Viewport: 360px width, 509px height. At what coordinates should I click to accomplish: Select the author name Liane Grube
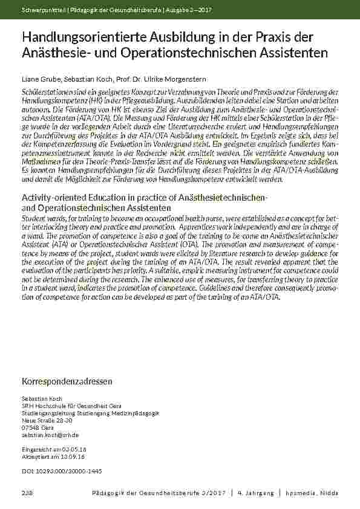point(39,79)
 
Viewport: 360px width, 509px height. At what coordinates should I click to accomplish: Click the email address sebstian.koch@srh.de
point(50,435)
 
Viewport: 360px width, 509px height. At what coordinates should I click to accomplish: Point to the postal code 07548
point(30,427)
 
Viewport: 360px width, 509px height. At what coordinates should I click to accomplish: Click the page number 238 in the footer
point(28,493)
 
